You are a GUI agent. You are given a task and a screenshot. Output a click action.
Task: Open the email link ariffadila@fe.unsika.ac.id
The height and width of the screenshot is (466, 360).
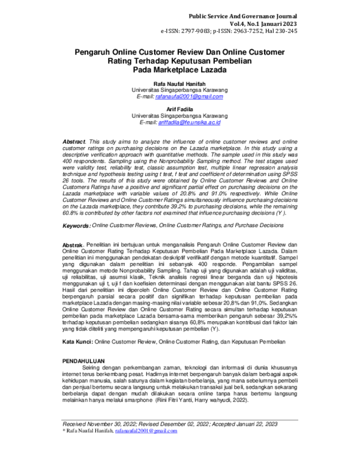[190, 122]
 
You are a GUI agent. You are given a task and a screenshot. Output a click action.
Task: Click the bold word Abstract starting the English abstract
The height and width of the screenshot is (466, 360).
[74, 139]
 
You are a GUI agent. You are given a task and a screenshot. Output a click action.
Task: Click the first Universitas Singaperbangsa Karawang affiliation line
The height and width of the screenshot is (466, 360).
[179, 89]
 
